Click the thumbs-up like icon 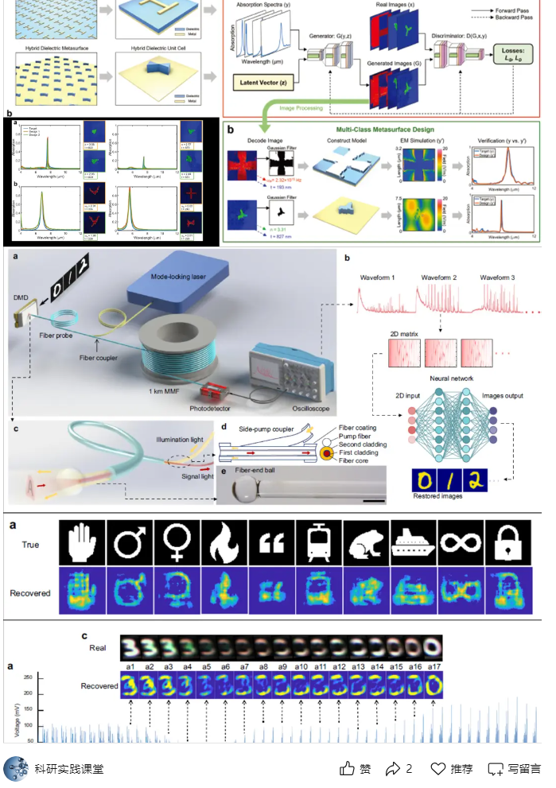pyautogui.click(x=347, y=768)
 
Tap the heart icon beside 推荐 pyautogui.click(x=437, y=768)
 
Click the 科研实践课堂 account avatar pyautogui.click(x=16, y=768)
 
